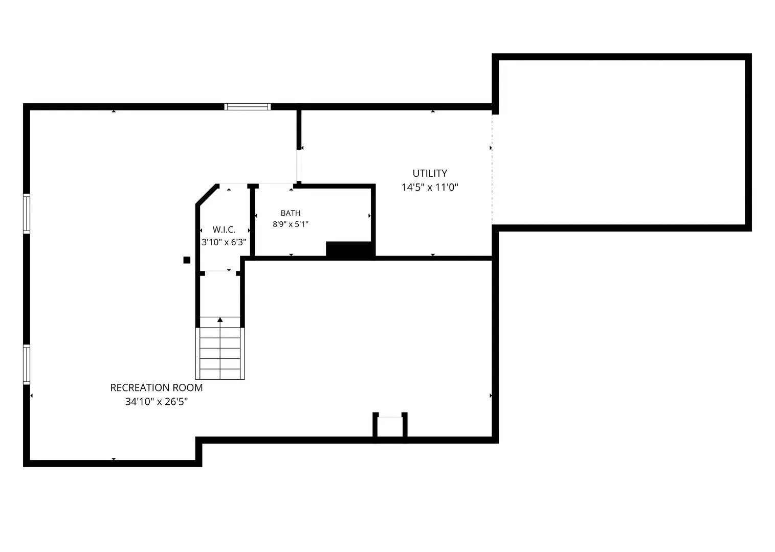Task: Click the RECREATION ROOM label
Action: (157, 387)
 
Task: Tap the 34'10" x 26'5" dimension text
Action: (157, 402)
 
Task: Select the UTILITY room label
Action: (430, 173)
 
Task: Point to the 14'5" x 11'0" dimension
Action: (430, 188)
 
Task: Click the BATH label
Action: (291, 213)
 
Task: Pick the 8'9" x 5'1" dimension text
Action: (291, 224)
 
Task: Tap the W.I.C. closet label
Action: (224, 229)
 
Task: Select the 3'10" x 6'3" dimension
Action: (224, 242)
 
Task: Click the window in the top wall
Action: (248, 107)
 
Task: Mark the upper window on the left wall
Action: (27, 214)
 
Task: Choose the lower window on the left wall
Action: (27, 364)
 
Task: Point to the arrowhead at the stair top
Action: (220, 320)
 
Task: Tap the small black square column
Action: (187, 260)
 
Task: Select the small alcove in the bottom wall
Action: (390, 427)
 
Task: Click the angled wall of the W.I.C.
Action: (207, 195)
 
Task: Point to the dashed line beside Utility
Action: (492, 169)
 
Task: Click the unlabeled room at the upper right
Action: (622, 142)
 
